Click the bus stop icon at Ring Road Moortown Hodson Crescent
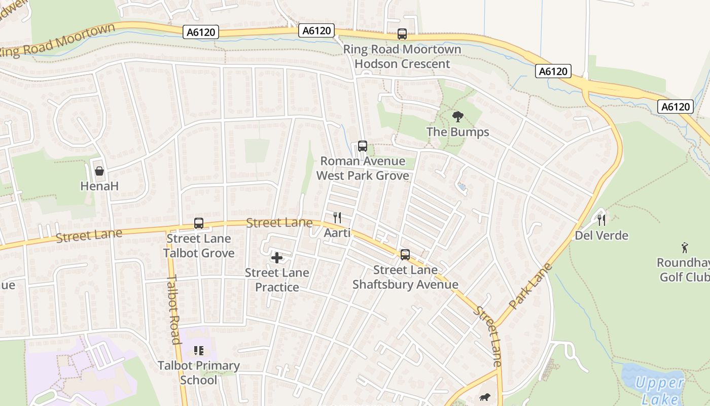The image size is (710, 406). click(x=402, y=34)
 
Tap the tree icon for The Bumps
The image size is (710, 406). click(x=458, y=117)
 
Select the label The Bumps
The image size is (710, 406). click(x=458, y=132)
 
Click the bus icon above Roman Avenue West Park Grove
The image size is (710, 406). click(x=362, y=146)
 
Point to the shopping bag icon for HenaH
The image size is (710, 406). click(x=99, y=171)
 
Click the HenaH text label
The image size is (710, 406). click(x=99, y=186)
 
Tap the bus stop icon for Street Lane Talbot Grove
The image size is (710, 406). click(x=199, y=223)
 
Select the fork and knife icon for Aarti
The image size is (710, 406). click(x=337, y=218)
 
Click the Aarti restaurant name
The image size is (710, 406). click(x=337, y=233)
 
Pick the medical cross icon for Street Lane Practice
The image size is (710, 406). click(x=277, y=258)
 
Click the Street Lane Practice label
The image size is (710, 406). click(x=277, y=280)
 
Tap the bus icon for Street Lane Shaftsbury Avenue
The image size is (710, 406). click(x=405, y=255)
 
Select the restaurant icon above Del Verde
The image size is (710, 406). click(x=601, y=220)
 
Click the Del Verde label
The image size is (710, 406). click(x=601, y=235)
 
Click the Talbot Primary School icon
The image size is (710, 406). click(x=199, y=351)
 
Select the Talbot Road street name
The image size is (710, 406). click(x=174, y=310)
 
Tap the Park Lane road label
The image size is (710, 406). click(x=530, y=286)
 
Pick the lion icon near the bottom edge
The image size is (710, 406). click(x=484, y=398)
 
